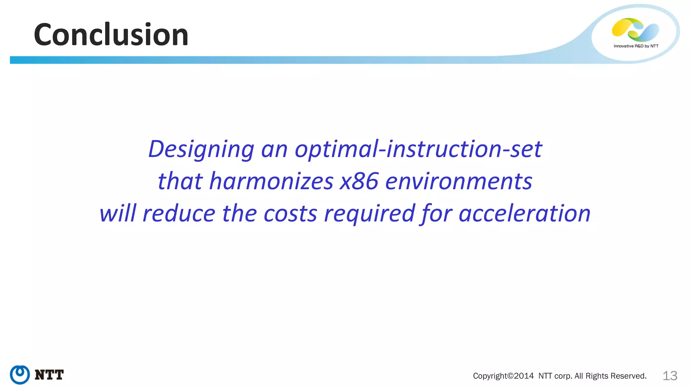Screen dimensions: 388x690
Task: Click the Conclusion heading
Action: tap(111, 35)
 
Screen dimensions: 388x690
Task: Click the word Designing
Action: tap(201, 149)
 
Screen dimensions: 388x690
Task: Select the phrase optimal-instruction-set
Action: tap(418, 149)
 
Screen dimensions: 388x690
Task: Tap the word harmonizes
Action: tap(271, 181)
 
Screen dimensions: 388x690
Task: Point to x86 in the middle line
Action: tap(359, 181)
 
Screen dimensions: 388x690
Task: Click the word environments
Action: tap(459, 181)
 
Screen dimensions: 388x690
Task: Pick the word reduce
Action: tap(179, 214)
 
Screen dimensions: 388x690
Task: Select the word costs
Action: tap(290, 214)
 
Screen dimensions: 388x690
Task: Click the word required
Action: tap(369, 214)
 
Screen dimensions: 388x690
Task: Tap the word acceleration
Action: tap(525, 214)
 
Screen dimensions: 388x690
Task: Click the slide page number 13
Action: tap(670, 376)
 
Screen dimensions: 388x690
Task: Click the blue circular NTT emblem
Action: tap(20, 375)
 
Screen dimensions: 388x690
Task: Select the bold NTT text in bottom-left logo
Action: tap(49, 375)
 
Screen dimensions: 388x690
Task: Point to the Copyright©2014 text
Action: tap(503, 376)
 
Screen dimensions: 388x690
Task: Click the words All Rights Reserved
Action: tap(610, 376)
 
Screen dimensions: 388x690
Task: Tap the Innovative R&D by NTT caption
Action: tap(636, 46)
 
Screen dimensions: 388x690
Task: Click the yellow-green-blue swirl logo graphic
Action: tap(635, 30)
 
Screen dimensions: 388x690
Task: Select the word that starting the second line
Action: tap(180, 181)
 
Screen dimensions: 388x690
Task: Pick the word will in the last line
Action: tap(118, 214)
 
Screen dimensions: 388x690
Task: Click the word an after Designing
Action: tap(274, 149)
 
